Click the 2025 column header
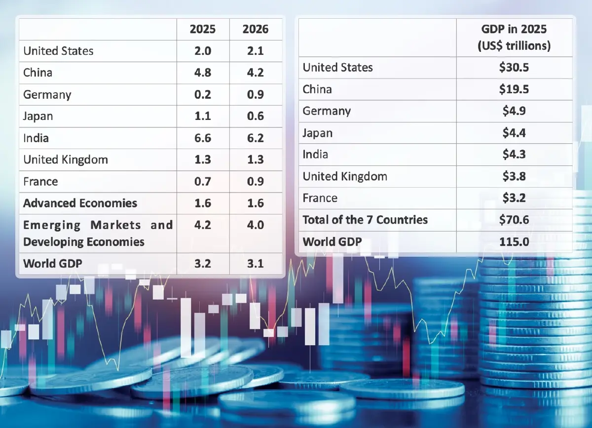click(x=203, y=29)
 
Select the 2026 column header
click(x=256, y=29)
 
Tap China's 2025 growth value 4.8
click(x=203, y=73)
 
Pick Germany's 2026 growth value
click(x=256, y=94)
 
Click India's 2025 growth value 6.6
click(x=203, y=138)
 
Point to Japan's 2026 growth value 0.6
click(x=256, y=116)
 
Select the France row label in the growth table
click(x=40, y=181)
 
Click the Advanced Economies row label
click(x=80, y=203)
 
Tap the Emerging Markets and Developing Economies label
click(x=98, y=233)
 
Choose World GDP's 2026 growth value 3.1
click(x=256, y=263)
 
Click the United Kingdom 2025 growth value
click(x=203, y=159)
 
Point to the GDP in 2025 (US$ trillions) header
click(x=514, y=37)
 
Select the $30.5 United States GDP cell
click(x=514, y=68)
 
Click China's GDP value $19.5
click(x=514, y=89)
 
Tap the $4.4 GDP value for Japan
click(x=514, y=133)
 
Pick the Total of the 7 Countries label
click(x=365, y=220)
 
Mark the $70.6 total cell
click(x=514, y=220)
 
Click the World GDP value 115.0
click(x=514, y=241)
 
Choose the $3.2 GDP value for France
click(x=514, y=198)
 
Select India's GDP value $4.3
click(x=514, y=155)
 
